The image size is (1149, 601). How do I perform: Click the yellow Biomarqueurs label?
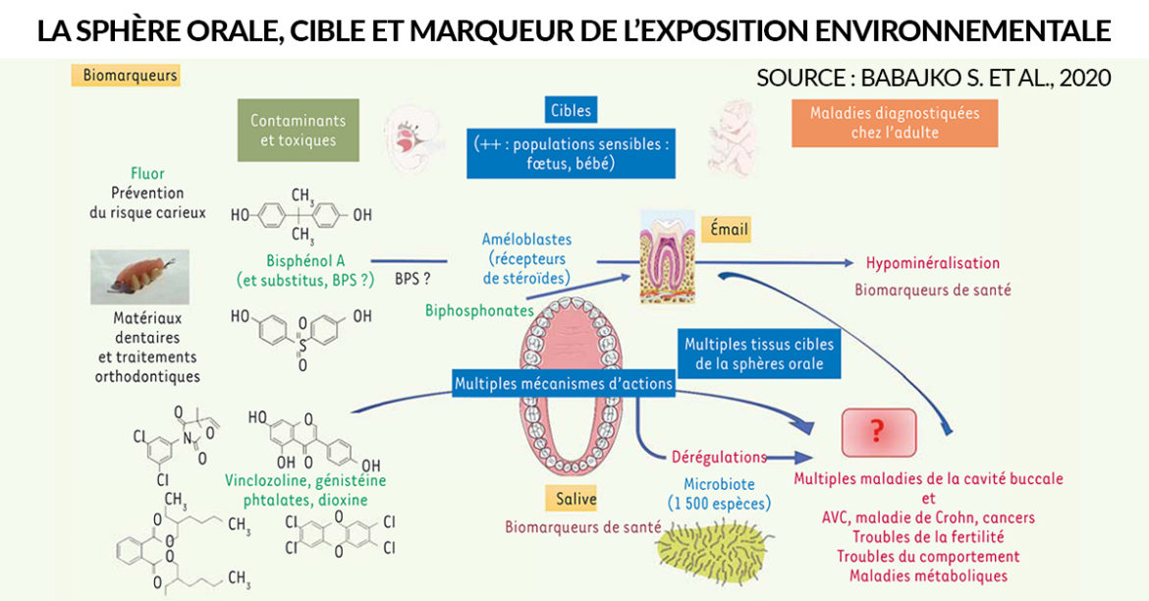point(126,76)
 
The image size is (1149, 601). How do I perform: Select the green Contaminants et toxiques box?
point(299,131)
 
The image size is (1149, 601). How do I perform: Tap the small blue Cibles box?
point(571,110)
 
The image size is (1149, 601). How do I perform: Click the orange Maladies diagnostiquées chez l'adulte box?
point(895,123)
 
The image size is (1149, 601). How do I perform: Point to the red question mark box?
point(878,432)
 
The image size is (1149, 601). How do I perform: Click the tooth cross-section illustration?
point(667,256)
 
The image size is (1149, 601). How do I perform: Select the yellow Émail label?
point(729,230)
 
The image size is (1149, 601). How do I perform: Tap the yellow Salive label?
point(575,499)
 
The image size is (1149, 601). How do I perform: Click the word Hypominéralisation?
point(933,263)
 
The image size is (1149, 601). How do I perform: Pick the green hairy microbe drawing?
point(712,550)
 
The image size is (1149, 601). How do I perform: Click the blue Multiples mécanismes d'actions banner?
point(564,383)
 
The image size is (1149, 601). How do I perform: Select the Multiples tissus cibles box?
point(759,354)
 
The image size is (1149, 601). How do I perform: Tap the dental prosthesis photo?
point(140,276)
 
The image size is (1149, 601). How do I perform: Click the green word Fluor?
point(147,174)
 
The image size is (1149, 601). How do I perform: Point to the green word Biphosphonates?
point(480,310)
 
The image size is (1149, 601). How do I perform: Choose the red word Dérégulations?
point(719,457)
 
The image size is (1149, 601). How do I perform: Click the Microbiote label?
point(719,484)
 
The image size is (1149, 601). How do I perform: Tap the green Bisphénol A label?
point(305,260)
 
